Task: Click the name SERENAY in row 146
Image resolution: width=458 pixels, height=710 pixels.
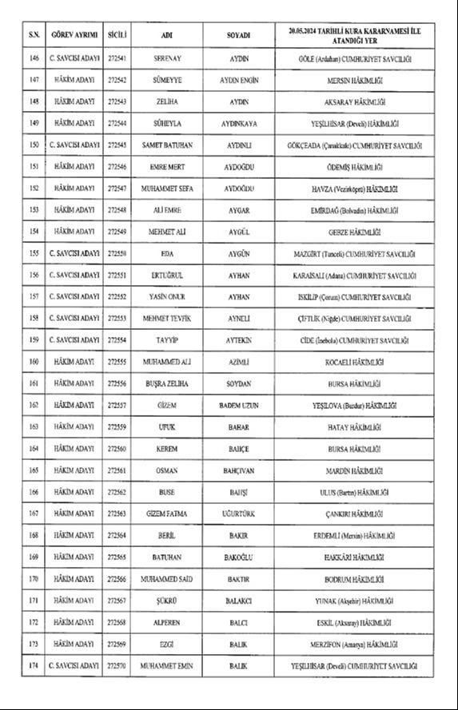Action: click(x=168, y=59)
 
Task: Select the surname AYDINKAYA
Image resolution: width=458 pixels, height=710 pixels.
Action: click(x=238, y=124)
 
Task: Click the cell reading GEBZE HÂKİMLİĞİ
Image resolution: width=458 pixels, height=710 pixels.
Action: click(x=355, y=232)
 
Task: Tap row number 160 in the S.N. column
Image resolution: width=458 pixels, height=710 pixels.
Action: click(x=34, y=362)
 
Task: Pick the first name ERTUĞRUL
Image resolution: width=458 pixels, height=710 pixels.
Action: click(x=168, y=275)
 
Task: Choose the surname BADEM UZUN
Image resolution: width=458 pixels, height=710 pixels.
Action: click(x=238, y=405)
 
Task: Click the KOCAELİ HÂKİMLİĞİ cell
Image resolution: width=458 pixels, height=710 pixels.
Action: click(x=355, y=362)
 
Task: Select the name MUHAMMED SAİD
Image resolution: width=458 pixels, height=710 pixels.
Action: click(x=168, y=578)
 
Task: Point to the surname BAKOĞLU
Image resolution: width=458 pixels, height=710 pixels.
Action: click(x=238, y=557)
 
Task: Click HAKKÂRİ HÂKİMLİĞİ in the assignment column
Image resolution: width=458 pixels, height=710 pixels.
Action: click(x=355, y=557)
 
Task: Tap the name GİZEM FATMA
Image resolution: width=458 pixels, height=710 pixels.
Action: click(x=168, y=514)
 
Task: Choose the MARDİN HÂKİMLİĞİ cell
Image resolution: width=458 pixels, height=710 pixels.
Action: click(x=355, y=470)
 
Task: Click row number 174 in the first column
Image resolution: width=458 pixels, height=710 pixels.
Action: click(x=34, y=665)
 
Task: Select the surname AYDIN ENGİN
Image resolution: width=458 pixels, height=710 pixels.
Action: click(x=238, y=81)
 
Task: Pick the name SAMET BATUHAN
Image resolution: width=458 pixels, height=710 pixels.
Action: click(x=168, y=145)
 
